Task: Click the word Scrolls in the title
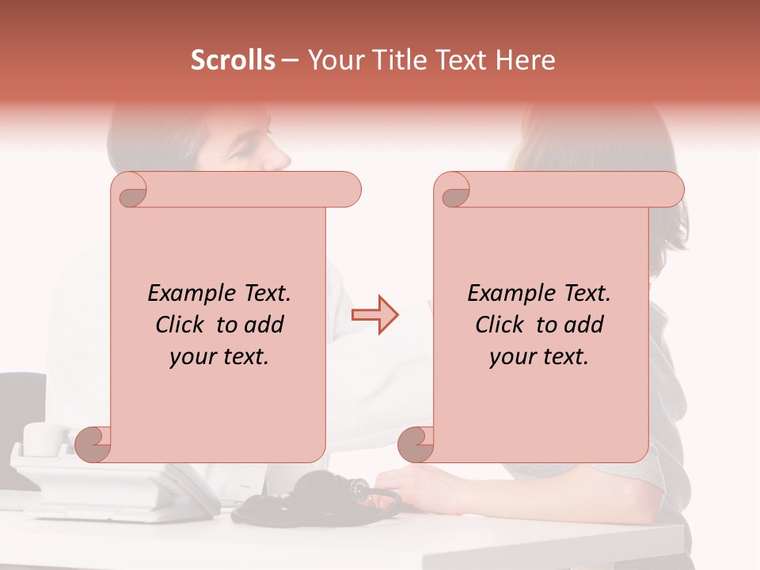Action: (x=233, y=60)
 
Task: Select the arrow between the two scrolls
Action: (x=374, y=315)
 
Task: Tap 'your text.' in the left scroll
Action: (x=219, y=357)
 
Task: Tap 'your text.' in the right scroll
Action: (x=539, y=357)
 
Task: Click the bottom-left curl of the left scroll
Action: (x=93, y=444)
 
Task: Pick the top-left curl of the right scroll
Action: (x=454, y=191)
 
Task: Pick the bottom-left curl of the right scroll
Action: (x=415, y=444)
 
